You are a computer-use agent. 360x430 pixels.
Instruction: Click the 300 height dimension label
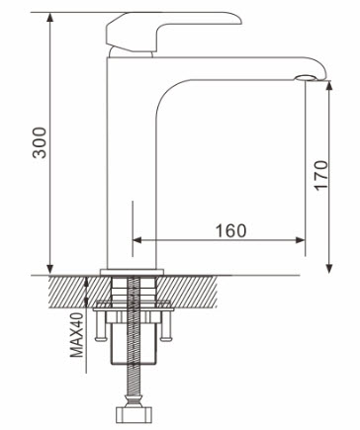[41, 142]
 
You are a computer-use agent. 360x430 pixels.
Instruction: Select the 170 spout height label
[321, 175]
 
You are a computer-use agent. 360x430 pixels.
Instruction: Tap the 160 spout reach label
[230, 230]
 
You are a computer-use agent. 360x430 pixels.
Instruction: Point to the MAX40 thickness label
[78, 335]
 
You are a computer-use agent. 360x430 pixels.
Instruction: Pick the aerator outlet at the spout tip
[306, 78]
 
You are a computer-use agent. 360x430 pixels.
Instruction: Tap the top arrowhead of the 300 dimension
[49, 17]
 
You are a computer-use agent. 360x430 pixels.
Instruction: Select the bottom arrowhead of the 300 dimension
[49, 269]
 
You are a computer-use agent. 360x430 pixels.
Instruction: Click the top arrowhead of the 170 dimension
[329, 85]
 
